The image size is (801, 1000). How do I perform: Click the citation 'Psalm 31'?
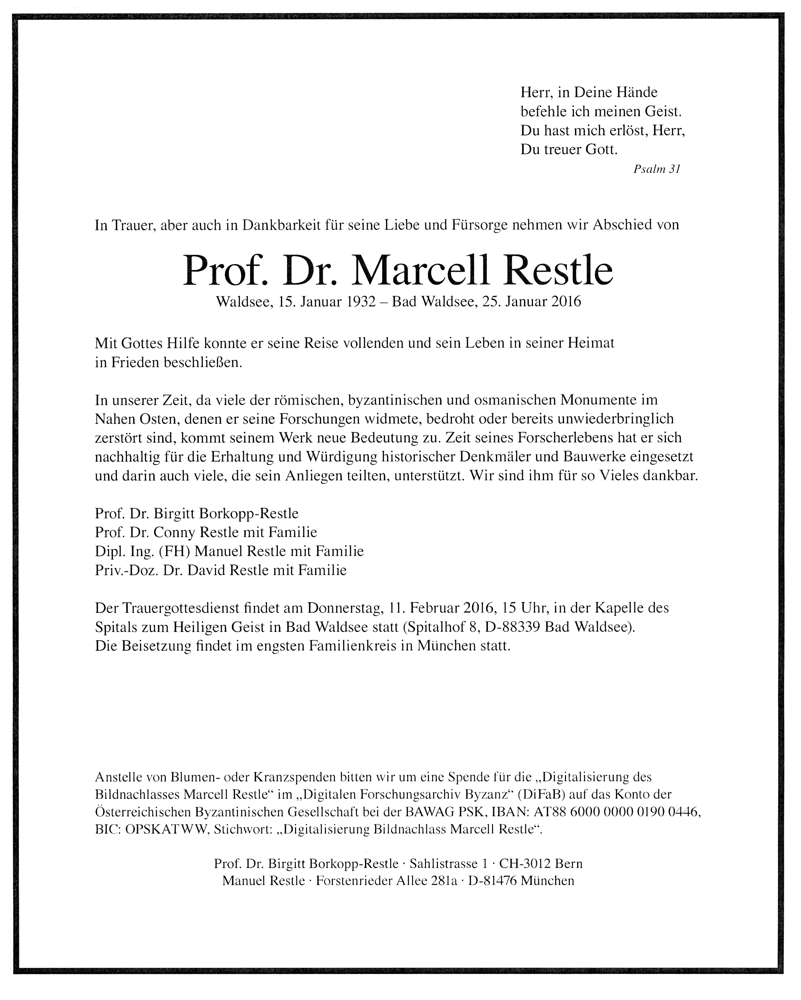click(x=656, y=169)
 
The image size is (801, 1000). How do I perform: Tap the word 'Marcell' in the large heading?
click(x=421, y=270)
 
